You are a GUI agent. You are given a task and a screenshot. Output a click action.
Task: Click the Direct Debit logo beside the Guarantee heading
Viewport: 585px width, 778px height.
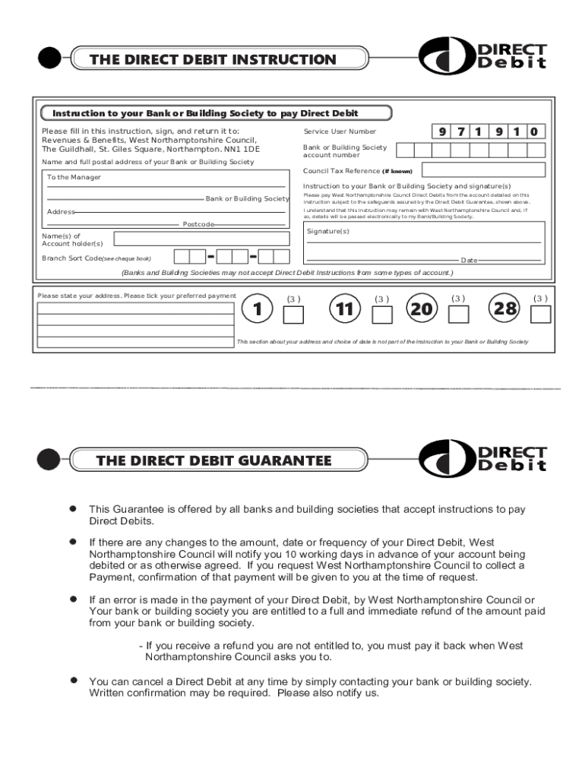[483, 459]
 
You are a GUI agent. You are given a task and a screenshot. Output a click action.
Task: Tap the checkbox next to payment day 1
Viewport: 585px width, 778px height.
[293, 315]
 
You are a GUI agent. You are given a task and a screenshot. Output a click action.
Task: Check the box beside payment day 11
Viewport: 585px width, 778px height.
[382, 315]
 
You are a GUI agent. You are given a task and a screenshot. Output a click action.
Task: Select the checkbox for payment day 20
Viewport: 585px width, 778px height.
[459, 314]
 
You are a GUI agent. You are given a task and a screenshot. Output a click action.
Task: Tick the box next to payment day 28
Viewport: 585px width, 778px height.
[540, 314]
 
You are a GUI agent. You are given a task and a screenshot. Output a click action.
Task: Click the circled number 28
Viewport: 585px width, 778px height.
[505, 309]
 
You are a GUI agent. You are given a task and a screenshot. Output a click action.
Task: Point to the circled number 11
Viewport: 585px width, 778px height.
[344, 309]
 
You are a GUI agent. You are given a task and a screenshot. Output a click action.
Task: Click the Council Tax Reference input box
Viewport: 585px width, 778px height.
[483, 171]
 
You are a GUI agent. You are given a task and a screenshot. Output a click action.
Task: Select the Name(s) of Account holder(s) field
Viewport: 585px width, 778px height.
[201, 239]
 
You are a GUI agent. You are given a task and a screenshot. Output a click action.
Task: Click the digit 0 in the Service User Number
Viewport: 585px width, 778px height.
[535, 132]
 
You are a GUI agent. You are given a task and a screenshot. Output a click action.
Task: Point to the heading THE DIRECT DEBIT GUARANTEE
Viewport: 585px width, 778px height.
[213, 460]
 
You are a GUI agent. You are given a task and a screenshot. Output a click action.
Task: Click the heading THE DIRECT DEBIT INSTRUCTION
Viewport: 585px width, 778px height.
[213, 59]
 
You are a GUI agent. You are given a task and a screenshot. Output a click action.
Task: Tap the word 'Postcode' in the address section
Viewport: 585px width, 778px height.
[198, 225]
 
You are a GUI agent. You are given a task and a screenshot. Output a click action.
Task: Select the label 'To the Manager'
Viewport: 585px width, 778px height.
[74, 177]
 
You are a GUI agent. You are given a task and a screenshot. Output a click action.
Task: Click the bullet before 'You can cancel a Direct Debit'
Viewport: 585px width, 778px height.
[74, 680]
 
